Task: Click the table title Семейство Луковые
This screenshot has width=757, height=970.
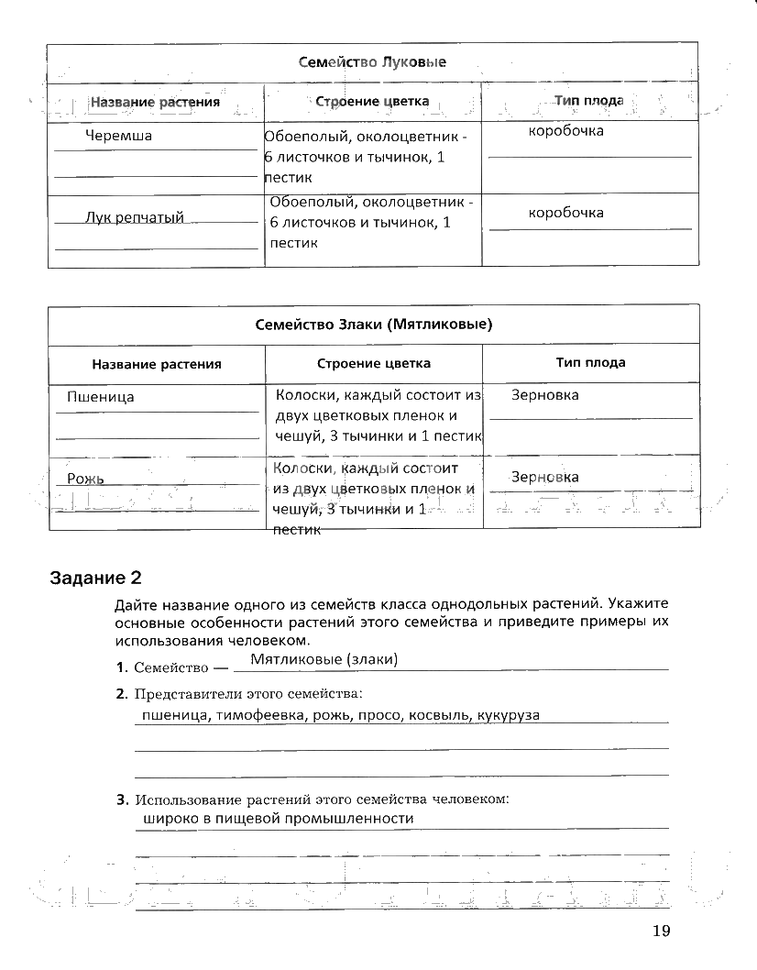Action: click(372, 62)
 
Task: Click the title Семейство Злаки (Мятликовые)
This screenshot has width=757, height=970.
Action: click(372, 324)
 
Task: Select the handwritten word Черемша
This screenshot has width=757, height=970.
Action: click(118, 136)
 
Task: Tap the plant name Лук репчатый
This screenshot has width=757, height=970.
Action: click(134, 217)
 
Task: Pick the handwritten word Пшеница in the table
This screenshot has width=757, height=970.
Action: click(101, 397)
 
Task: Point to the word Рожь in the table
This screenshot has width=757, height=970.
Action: click(85, 479)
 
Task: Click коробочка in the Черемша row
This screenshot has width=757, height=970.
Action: click(565, 131)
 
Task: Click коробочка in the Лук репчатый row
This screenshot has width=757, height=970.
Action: click(565, 213)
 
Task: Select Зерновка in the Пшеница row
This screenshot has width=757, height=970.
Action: click(544, 395)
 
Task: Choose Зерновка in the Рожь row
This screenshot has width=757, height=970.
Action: click(544, 477)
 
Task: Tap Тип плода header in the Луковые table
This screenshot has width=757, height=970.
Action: click(589, 101)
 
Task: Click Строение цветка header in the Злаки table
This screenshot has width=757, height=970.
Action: click(374, 363)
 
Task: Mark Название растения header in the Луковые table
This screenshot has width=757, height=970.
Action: click(155, 102)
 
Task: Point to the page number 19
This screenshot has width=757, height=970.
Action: click(662, 931)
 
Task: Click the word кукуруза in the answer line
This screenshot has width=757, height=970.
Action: click(508, 715)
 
